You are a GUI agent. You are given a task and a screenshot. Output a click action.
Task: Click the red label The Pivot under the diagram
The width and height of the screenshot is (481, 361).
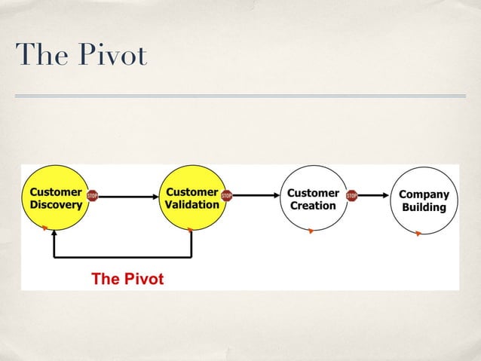pos(127,279)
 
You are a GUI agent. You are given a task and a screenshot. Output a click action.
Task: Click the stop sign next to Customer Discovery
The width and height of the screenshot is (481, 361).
pos(93,196)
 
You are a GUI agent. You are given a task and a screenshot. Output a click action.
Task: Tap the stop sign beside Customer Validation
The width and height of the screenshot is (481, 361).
pos(226,196)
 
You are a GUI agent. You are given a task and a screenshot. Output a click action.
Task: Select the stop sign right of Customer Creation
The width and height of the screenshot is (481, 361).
pos(351,196)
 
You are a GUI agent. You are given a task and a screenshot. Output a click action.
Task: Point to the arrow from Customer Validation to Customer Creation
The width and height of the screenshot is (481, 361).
pos(256,196)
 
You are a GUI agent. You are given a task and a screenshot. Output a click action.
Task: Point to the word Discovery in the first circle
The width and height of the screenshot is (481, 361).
pos(55,204)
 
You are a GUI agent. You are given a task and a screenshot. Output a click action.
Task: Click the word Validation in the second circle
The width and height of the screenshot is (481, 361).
pos(192,204)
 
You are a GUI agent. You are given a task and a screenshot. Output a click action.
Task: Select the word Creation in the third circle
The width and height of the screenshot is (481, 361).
pos(313,205)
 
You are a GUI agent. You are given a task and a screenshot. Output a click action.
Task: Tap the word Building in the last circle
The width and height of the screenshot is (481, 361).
pos(423,207)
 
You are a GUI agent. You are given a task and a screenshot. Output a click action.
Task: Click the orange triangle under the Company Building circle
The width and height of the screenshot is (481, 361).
pos(418,234)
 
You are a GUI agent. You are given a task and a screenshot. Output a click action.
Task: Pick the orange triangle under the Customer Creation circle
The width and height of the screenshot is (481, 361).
pos(310,231)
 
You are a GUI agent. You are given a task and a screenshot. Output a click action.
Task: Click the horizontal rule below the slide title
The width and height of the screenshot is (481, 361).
pos(240,96)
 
